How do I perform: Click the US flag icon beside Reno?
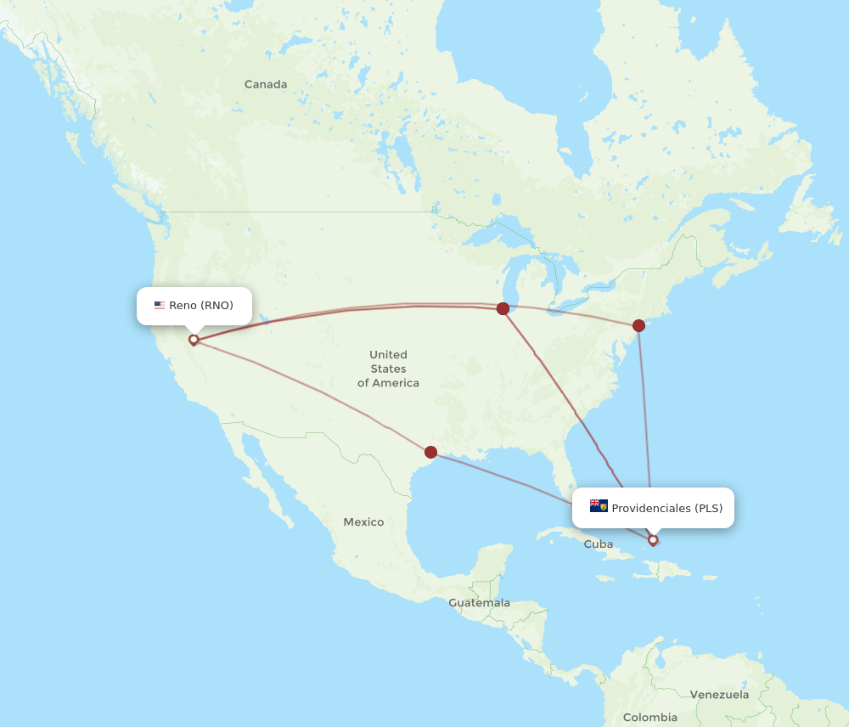(x=160, y=306)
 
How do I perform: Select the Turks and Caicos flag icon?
(x=599, y=506)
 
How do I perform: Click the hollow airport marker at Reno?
(x=194, y=340)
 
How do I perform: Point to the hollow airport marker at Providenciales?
(x=652, y=539)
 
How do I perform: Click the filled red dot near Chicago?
(x=503, y=308)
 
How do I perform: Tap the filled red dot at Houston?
(x=430, y=452)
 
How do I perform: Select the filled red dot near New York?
(x=638, y=325)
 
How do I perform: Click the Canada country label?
(x=266, y=84)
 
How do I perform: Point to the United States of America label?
(x=388, y=369)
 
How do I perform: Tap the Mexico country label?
(x=363, y=521)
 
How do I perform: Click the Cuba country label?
(x=598, y=544)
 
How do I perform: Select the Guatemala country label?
(x=480, y=603)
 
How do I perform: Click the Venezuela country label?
(x=719, y=695)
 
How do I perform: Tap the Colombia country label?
(x=650, y=718)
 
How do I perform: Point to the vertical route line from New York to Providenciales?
(x=645, y=425)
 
